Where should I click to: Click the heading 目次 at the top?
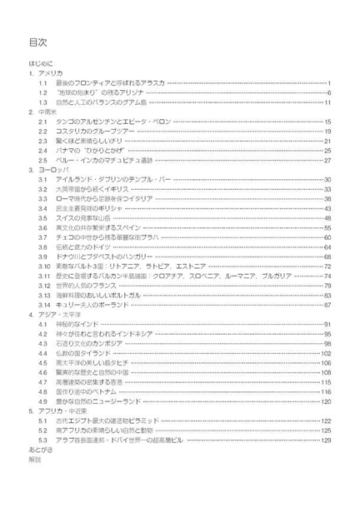click(x=37, y=42)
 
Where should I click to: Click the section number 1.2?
click(x=42, y=92)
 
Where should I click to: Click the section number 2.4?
click(x=42, y=150)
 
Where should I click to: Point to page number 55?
click(x=328, y=227)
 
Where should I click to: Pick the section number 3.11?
click(x=44, y=276)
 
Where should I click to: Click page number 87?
click(x=328, y=305)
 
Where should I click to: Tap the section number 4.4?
click(x=42, y=353)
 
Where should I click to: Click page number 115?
click(x=327, y=381)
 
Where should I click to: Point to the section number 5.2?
click(x=42, y=430)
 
